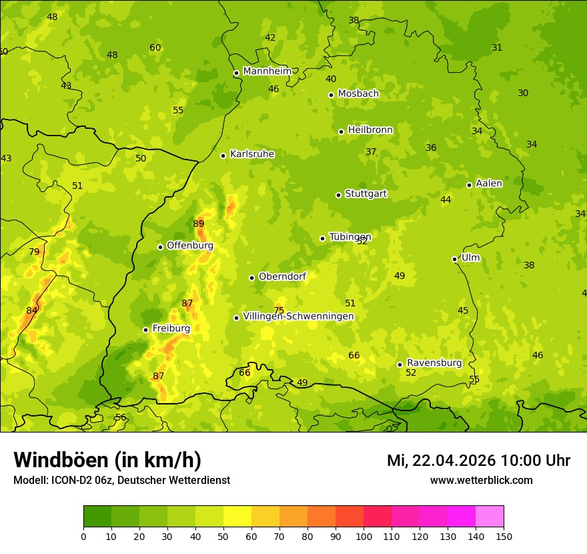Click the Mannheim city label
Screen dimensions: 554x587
[267, 71]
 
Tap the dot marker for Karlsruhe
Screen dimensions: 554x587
[223, 156]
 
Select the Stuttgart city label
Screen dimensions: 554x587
[366, 194]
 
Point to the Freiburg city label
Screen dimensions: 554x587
[171, 328]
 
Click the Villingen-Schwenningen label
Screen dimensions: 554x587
[298, 316]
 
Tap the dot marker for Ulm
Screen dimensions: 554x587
[454, 259]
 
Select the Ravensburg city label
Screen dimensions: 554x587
[434, 363]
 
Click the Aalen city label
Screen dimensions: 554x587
[489, 184]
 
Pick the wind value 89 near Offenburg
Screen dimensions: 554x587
[199, 224]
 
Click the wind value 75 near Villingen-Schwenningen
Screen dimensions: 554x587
[279, 310]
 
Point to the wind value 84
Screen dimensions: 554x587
[32, 310]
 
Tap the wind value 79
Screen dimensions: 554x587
[34, 252]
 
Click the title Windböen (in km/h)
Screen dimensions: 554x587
[107, 460]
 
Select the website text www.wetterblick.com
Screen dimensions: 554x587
[481, 480]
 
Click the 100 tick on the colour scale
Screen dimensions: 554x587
[364, 535]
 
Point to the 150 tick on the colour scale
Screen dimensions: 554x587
[504, 535]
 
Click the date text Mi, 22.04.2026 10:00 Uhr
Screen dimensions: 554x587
[478, 461]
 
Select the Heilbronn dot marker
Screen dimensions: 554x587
[341, 131]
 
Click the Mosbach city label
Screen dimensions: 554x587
[358, 93]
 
